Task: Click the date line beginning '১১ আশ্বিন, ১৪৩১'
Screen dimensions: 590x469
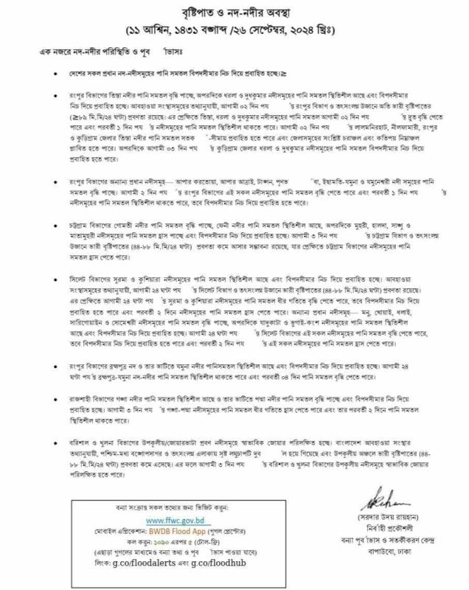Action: point(234,32)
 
